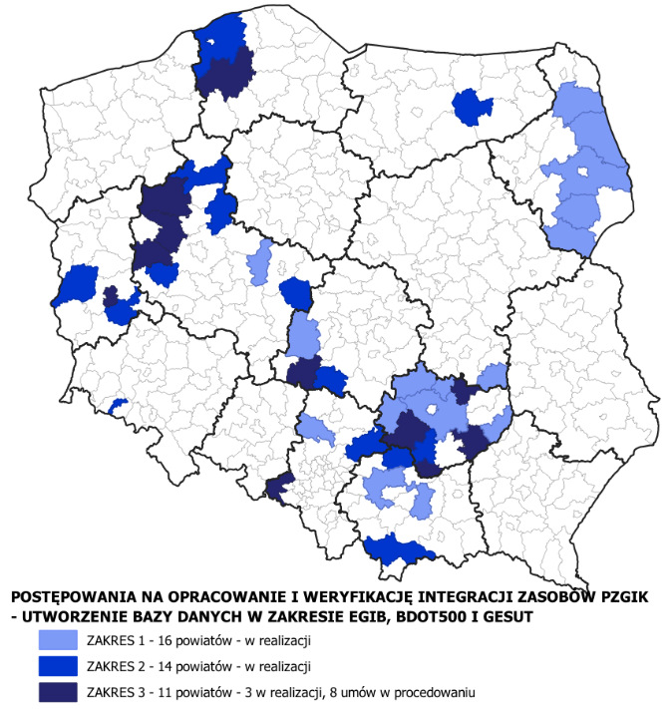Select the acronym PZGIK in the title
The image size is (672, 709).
[612, 596]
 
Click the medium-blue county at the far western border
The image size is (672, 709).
[77, 284]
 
